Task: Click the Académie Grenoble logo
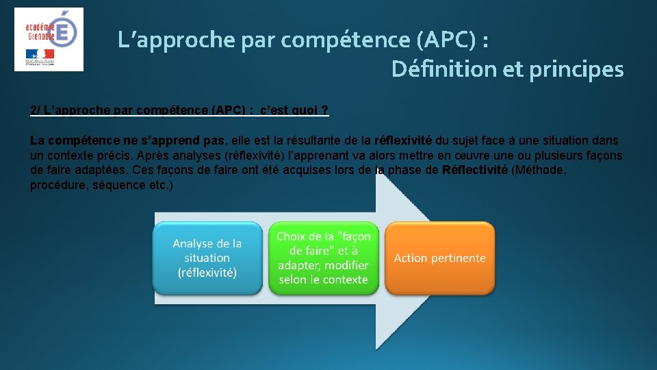49,39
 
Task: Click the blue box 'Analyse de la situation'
207,258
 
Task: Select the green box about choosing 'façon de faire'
323,258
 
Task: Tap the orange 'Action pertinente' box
439,258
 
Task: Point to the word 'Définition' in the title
443,69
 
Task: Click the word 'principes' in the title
576,69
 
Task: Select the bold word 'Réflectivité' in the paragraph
475,171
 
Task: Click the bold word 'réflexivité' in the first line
403,140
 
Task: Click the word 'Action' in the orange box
411,258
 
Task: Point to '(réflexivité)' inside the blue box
207,272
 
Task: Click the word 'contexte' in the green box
346,280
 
